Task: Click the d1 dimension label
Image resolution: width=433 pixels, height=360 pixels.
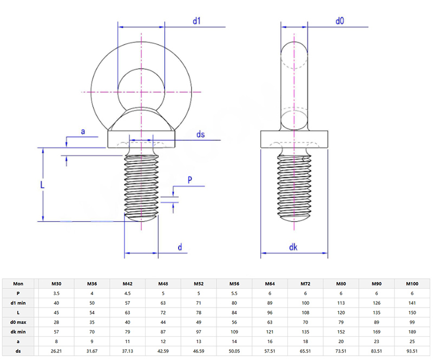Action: (197, 21)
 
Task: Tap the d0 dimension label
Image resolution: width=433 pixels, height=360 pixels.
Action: (340, 21)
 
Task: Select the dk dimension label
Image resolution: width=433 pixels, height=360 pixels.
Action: (293, 247)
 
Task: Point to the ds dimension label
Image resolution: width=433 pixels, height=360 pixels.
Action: (200, 134)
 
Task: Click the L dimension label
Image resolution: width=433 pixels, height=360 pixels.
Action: (43, 184)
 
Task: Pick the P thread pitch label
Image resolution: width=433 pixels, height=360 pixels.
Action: (190, 180)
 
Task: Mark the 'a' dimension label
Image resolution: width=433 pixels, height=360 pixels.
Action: (83, 132)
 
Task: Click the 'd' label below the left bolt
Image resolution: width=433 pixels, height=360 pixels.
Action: (180, 247)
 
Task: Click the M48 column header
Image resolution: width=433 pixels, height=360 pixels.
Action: (163, 283)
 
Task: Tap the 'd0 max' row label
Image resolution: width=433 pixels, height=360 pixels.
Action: (18, 322)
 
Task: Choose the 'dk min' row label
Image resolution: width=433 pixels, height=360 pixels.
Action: (18, 332)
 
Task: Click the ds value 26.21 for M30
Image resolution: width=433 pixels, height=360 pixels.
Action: (56, 351)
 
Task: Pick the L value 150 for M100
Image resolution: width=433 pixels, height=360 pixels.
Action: (412, 312)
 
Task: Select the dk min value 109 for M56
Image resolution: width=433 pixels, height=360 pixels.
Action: (234, 332)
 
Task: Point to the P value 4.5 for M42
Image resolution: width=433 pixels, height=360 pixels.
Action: (127, 293)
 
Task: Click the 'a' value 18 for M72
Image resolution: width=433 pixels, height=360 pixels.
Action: (306, 342)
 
